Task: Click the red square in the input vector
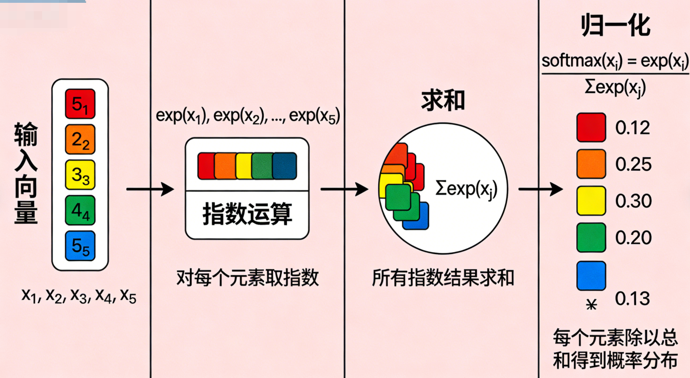coord(80,103)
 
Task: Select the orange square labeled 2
coord(80,139)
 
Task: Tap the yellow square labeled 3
coord(80,174)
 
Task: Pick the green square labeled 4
coord(80,210)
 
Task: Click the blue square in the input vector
coord(80,246)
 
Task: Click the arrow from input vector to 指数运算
coord(150,189)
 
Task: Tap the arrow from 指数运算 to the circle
coord(344,189)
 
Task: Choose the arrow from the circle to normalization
coord(540,189)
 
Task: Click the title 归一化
coord(616,27)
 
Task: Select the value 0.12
coord(633,127)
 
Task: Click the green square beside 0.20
coord(591,237)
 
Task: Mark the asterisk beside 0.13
coord(592,305)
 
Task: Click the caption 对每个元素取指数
coord(247,278)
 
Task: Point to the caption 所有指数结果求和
coord(443,278)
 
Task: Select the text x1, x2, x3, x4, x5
coord(79,296)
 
